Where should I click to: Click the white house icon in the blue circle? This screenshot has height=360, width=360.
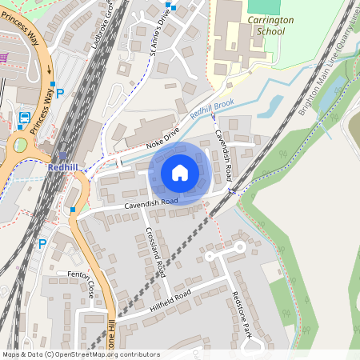pyautogui.click(x=180, y=173)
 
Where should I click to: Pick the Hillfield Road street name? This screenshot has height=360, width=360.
pyautogui.click(x=170, y=300)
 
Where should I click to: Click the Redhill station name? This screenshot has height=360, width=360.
pyautogui.click(x=62, y=167)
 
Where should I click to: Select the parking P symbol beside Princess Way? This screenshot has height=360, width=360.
pyautogui.click(x=60, y=94)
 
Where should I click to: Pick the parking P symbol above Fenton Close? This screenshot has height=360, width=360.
pyautogui.click(x=42, y=242)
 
